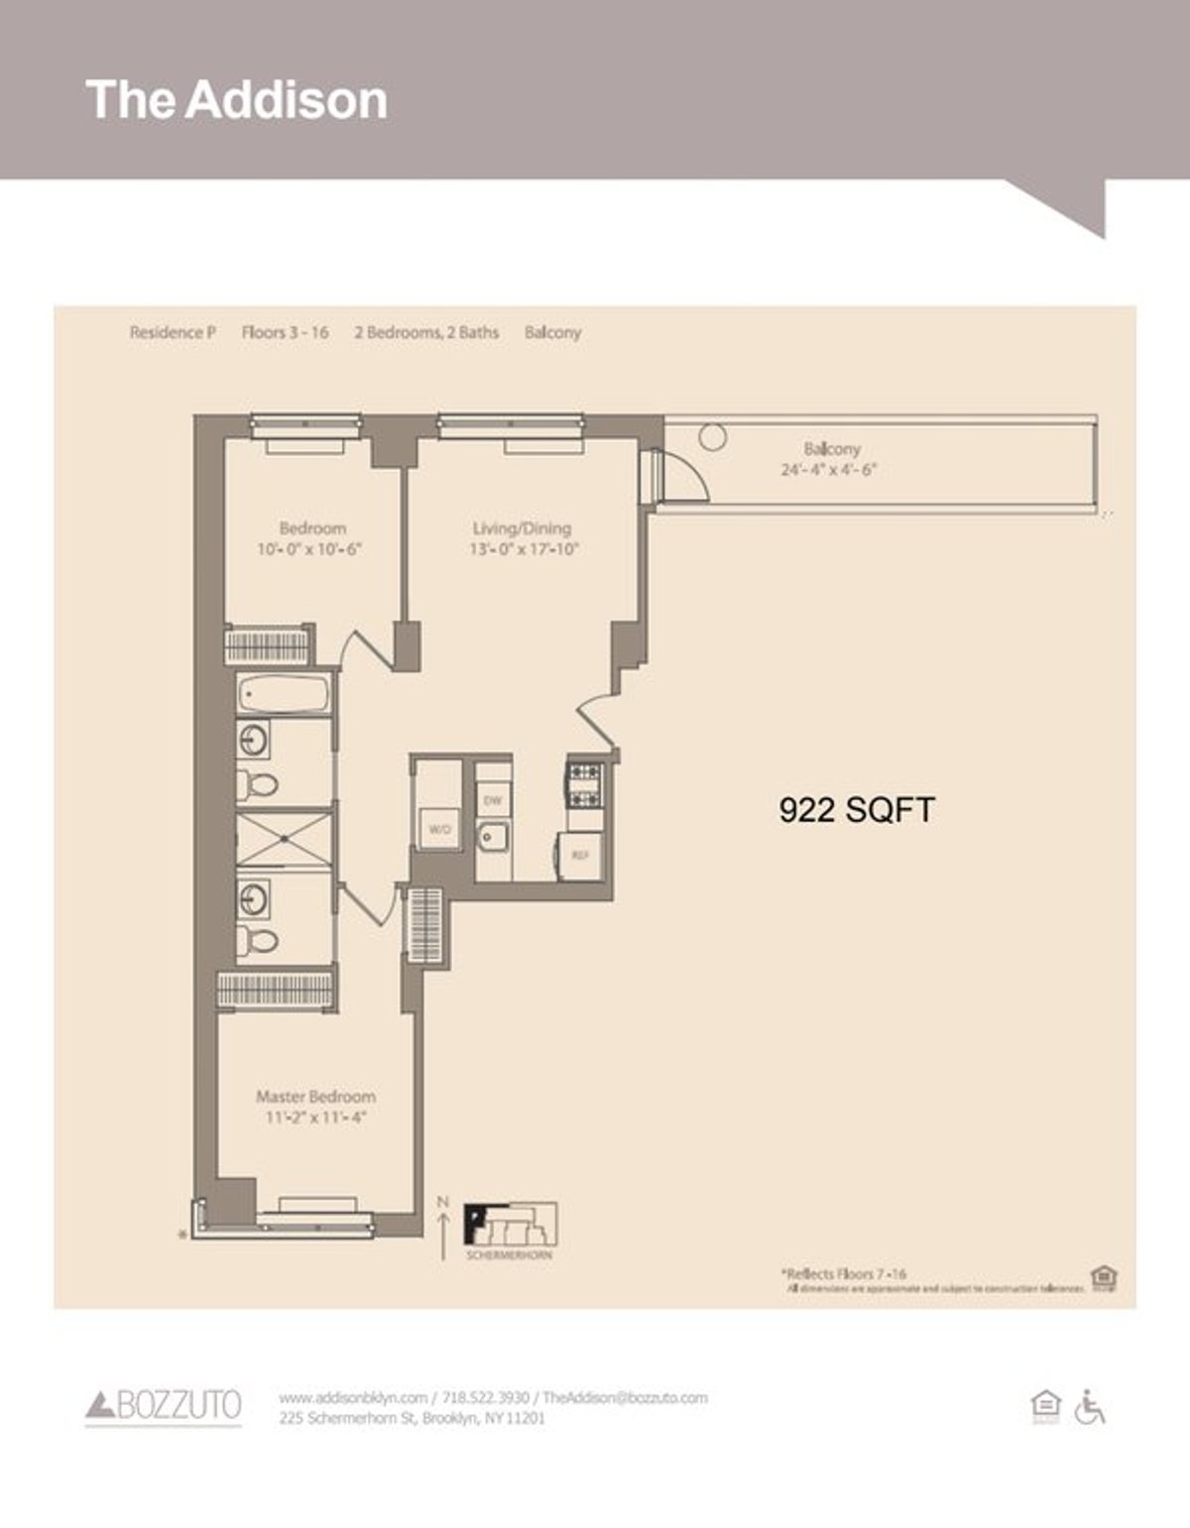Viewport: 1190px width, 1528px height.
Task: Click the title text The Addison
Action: [x=236, y=100]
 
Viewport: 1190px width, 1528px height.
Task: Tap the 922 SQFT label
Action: [x=856, y=810]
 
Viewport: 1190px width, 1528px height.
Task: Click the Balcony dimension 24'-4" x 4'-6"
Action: [x=829, y=470]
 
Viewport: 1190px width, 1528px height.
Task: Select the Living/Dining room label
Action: [x=522, y=529]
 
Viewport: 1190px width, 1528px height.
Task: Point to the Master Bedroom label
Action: [x=315, y=1097]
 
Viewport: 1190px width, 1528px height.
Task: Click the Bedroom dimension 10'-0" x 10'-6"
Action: [x=310, y=548]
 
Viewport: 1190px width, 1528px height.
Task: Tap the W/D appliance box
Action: [x=438, y=829]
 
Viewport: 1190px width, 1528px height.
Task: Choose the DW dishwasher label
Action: [x=492, y=800]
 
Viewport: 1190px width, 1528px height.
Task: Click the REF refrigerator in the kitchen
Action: [x=579, y=854]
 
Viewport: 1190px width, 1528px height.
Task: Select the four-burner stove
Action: [x=583, y=783]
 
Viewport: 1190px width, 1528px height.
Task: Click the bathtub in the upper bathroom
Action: [x=284, y=693]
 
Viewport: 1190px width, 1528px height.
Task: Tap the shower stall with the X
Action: [x=285, y=840]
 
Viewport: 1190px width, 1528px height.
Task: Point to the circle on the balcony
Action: [x=712, y=435]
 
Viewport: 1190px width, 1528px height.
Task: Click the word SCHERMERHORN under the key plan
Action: [x=510, y=1255]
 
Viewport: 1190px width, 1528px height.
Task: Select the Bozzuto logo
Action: [x=164, y=1405]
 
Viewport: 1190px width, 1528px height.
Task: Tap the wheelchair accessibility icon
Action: [x=1089, y=1406]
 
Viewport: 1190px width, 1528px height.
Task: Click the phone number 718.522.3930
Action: [x=486, y=1398]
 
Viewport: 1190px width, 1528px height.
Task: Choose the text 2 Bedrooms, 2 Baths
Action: [x=426, y=332]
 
